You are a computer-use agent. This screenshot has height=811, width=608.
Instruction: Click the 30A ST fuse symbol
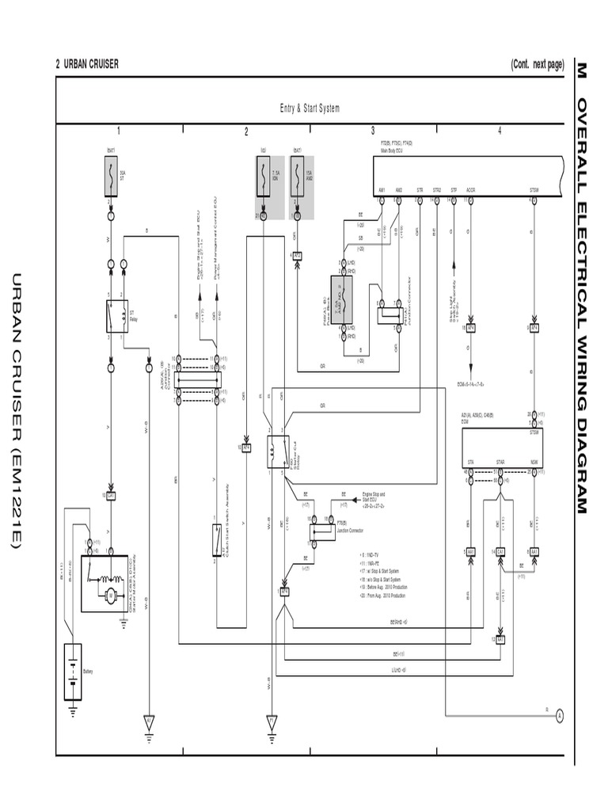click(111, 176)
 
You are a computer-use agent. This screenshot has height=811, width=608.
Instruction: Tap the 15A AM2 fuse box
click(297, 176)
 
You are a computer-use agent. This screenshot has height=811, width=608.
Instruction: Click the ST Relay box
click(117, 315)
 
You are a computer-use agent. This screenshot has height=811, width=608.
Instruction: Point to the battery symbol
click(73, 672)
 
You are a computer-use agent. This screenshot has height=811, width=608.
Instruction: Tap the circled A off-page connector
click(559, 714)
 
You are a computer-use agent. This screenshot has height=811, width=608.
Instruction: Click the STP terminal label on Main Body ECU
click(454, 190)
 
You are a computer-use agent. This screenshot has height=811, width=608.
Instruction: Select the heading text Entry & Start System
click(310, 109)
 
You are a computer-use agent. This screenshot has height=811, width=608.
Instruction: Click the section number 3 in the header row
click(373, 131)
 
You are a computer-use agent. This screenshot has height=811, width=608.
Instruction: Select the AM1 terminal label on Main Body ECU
click(382, 190)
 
